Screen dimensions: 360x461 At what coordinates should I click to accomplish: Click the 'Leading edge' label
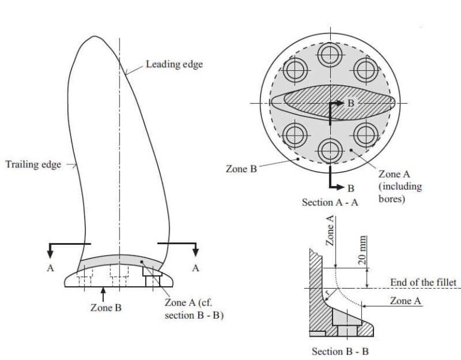pos(174,64)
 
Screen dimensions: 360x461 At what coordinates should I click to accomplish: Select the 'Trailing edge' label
pos(34,164)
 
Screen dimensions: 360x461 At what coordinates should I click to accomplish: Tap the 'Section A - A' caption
pos(330,203)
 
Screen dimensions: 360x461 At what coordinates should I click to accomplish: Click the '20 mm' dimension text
pos(363,250)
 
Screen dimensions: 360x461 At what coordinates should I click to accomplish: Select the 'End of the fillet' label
pos(423,282)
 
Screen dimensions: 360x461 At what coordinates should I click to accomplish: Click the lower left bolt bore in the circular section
pos(294,135)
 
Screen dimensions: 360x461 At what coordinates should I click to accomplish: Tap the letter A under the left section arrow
pos(51,268)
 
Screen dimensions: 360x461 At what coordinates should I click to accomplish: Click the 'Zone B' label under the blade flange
pos(106,308)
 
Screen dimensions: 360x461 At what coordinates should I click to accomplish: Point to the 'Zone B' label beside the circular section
pos(241,169)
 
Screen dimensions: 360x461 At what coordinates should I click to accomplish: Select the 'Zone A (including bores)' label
pos(400,186)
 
